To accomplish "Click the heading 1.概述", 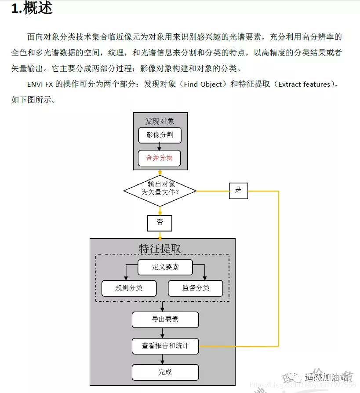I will [x=32, y=8].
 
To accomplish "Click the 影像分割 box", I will [x=160, y=135].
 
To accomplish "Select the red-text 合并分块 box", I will [x=160, y=158].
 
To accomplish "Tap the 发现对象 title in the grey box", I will [x=160, y=121].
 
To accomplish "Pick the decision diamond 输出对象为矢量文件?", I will [x=160, y=191].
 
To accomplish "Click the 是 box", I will [x=238, y=190].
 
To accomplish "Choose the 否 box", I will [x=160, y=223].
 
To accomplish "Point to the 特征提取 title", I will [x=160, y=248].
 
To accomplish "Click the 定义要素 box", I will [x=165, y=267].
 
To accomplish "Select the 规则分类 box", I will [x=129, y=288].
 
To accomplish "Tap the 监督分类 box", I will [x=196, y=288].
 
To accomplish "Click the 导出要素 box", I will [x=165, y=320].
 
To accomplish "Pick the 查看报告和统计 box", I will [x=165, y=346].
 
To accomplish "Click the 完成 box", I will [x=165, y=372].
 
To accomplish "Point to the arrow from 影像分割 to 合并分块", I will [x=160, y=147].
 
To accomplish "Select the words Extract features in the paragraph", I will [x=304, y=84].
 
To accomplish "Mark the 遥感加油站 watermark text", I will [x=327, y=377].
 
